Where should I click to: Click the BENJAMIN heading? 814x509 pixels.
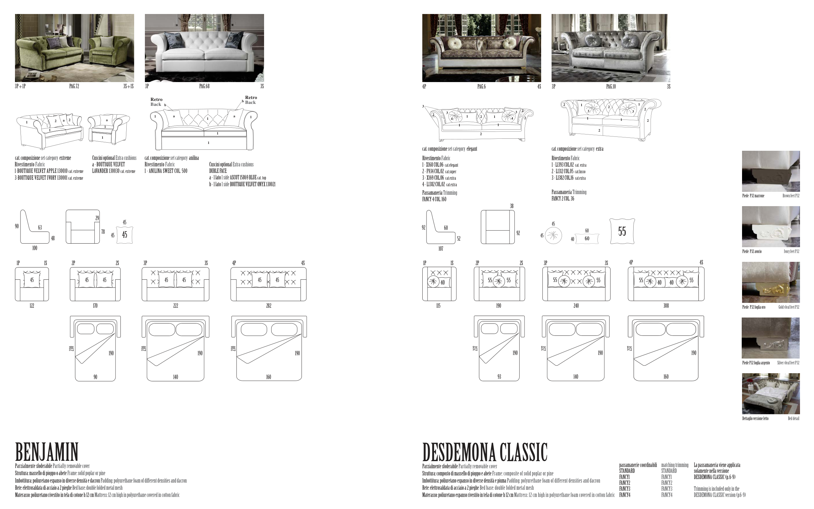coord(47,452)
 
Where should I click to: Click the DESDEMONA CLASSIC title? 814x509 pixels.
coord(484,452)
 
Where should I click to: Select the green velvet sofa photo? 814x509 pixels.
coord(74,48)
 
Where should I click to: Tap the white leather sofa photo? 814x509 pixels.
coord(204,48)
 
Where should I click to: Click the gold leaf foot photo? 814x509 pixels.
coord(771,282)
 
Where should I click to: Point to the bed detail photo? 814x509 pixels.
coord(771,393)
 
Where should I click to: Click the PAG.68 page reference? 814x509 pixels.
coord(204,86)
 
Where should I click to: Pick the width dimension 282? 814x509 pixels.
coord(269,306)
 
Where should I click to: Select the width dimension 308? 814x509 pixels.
coord(666,306)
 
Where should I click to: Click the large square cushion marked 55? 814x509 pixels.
coord(622,231)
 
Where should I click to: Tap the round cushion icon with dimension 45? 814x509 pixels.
coord(553,236)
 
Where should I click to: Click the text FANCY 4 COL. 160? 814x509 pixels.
coord(434,199)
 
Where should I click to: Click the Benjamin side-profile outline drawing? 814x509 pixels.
coord(34,227)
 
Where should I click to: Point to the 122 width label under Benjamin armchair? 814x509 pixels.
coord(32,306)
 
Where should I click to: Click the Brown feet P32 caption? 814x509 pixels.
coord(791,196)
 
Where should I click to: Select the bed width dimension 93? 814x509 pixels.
coord(499,377)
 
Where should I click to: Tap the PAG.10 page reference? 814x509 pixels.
coord(611,87)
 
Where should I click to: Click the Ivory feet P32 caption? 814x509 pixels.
coord(792,251)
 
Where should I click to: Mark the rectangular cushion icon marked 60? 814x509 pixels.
coord(587,239)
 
